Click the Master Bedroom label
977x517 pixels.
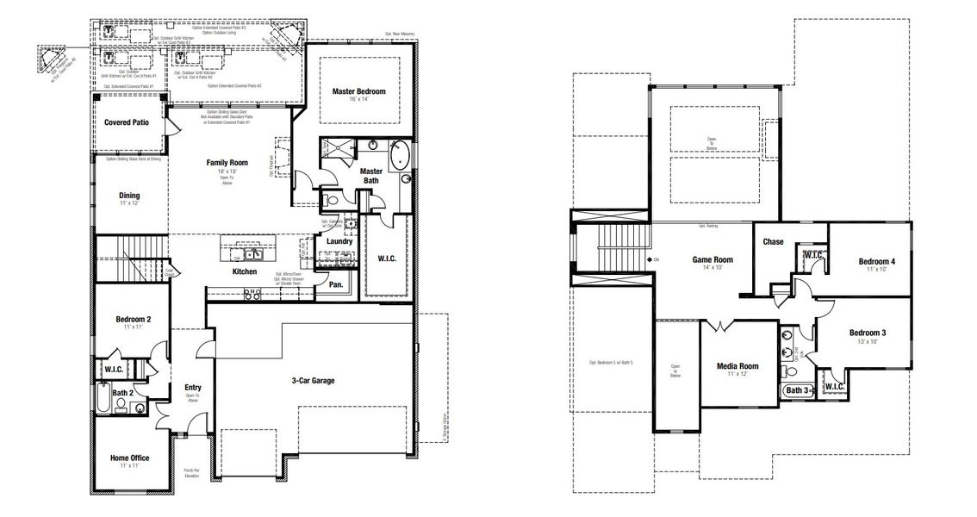(358, 91)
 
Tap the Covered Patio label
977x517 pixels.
(127, 122)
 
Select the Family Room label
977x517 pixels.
(227, 162)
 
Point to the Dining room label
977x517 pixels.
(129, 196)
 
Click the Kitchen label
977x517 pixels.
(245, 271)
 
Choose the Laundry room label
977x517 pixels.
(339, 241)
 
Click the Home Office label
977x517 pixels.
(129, 458)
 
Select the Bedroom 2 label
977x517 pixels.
(134, 320)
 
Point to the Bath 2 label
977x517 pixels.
(122, 392)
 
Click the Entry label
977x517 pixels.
(193, 388)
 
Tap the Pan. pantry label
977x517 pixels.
(335, 284)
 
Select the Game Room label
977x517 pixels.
(713, 259)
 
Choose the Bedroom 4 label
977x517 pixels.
(876, 262)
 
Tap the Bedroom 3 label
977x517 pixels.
(867, 333)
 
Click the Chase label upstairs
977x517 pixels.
(773, 242)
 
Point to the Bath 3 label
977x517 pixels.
(797, 391)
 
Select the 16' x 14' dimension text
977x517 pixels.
(358, 101)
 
